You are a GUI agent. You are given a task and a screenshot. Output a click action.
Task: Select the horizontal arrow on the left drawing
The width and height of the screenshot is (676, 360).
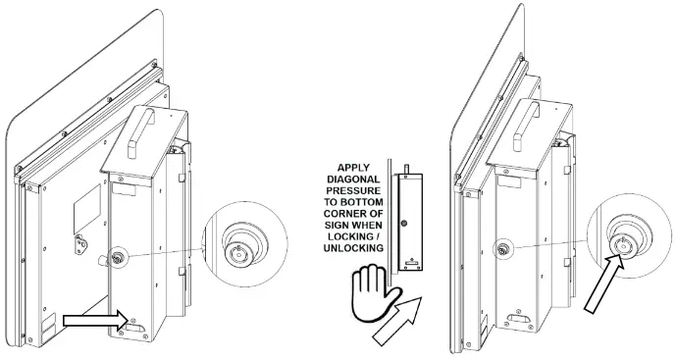(95, 318)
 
